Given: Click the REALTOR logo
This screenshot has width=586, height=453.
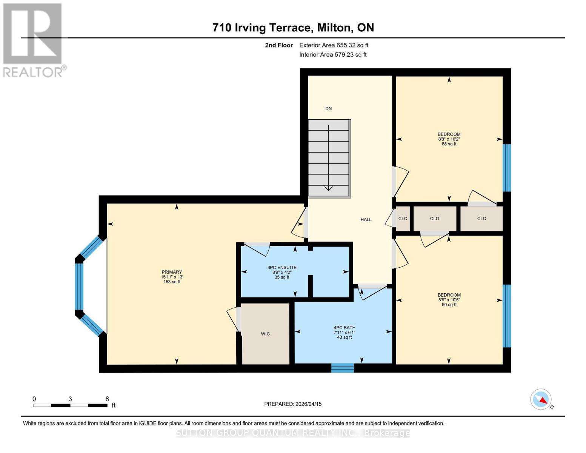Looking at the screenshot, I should click(x=33, y=40).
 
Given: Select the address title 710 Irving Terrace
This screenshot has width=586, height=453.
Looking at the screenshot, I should click(x=293, y=28).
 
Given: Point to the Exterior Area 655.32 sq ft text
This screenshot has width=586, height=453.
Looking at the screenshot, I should click(x=334, y=45).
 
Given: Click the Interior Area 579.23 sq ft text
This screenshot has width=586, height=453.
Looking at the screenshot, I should click(x=333, y=55).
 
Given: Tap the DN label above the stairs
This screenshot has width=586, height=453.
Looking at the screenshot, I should click(x=328, y=109).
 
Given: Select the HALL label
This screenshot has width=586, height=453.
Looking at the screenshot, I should click(x=366, y=219).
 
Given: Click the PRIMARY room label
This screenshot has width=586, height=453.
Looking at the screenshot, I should click(x=172, y=272).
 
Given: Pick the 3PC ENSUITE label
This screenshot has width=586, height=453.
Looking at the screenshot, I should click(x=282, y=268).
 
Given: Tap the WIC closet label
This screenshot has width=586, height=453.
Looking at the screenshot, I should click(x=265, y=334).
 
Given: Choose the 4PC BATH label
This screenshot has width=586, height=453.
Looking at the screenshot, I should click(x=344, y=328).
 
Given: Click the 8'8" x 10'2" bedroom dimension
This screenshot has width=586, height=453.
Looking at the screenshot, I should click(x=449, y=139).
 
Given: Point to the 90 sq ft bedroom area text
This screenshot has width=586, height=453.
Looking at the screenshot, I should click(x=449, y=305).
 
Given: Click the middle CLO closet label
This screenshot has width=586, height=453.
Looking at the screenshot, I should click(x=434, y=219).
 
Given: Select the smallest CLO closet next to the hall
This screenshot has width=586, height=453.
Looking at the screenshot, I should click(x=403, y=219).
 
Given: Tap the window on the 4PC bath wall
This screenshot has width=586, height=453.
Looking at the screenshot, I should click(x=343, y=368).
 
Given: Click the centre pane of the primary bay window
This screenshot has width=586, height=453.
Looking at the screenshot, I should click(x=79, y=286).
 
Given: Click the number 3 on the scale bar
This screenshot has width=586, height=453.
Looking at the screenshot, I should click(x=70, y=399).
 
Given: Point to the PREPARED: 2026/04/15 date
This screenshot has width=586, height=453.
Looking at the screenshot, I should click(x=293, y=404).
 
